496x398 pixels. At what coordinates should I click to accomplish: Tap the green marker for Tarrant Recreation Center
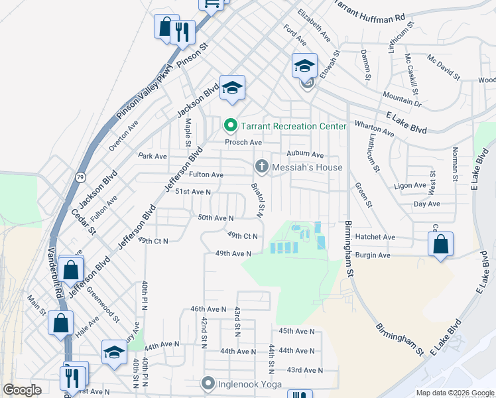tap(231, 125)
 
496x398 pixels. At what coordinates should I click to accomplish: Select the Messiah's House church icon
tap(261, 166)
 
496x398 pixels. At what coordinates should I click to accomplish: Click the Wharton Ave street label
tap(375, 129)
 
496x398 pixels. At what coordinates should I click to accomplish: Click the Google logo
tap(22, 390)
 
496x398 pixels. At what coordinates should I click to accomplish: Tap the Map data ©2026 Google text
tap(454, 393)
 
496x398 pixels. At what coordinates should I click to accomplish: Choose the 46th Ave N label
tap(209, 309)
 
